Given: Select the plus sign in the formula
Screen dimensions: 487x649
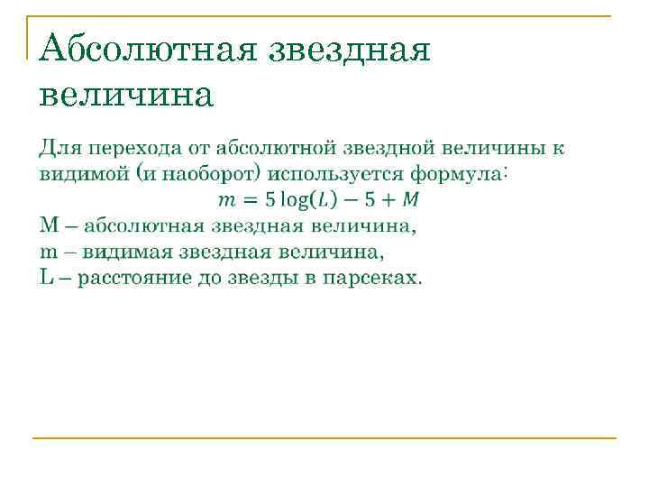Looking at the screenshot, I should pyautogui.click(x=388, y=198).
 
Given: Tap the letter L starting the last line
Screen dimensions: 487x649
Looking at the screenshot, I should pyautogui.click(x=46, y=277).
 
